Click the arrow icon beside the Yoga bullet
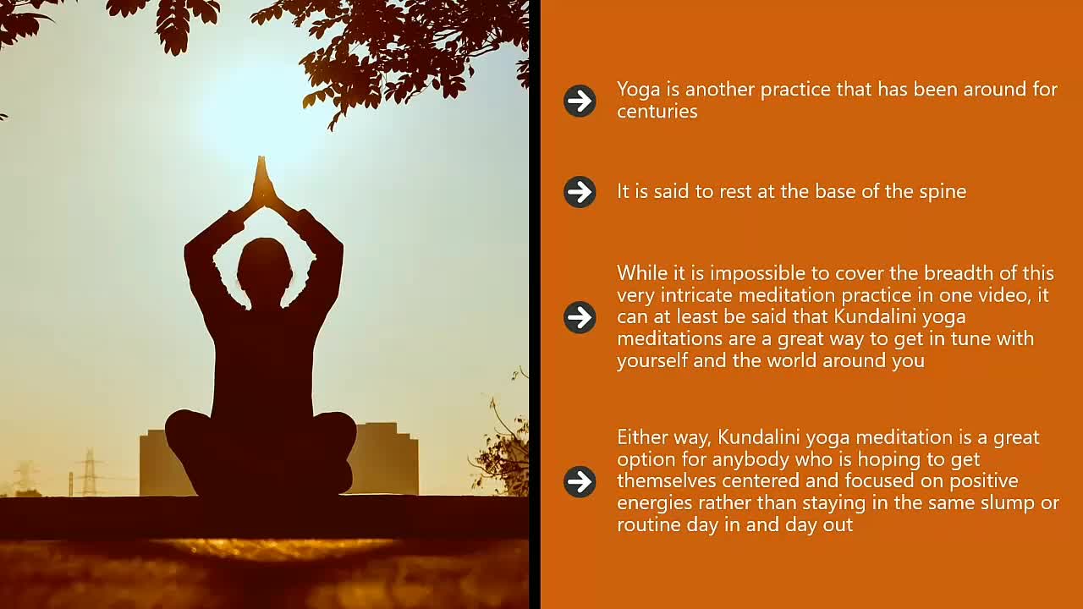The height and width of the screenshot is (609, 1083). (580, 101)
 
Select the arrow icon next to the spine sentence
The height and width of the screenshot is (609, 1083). (580, 192)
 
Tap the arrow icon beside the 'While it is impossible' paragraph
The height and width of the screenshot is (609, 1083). (580, 317)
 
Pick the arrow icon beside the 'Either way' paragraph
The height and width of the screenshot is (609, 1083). (580, 482)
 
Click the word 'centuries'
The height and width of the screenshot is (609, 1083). (657, 112)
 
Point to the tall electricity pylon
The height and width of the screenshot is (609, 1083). (90, 473)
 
